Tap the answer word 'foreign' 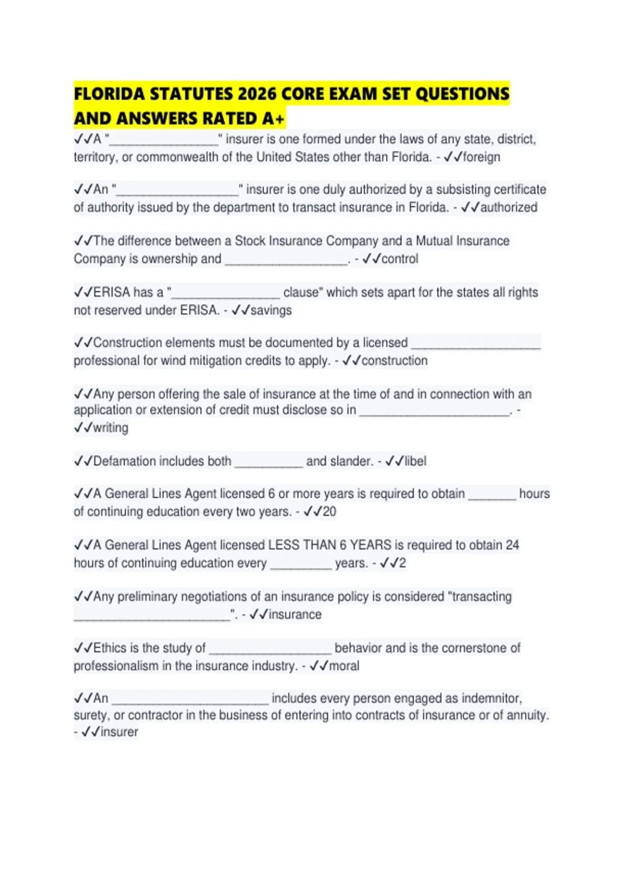[481, 157]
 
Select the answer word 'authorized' [508, 207]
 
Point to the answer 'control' [399, 259]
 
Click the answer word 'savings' [271, 310]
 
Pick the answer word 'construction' [394, 361]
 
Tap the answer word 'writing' [110, 427]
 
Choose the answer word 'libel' [415, 461]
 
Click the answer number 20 [329, 511]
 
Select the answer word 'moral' [344, 666]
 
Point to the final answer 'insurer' [119, 732]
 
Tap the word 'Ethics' [110, 648]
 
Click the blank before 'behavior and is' [270, 649]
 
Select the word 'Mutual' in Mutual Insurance [435, 241]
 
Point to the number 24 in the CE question [512, 545]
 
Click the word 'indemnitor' [491, 698]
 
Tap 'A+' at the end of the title [273, 119]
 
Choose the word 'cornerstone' [464, 648]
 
